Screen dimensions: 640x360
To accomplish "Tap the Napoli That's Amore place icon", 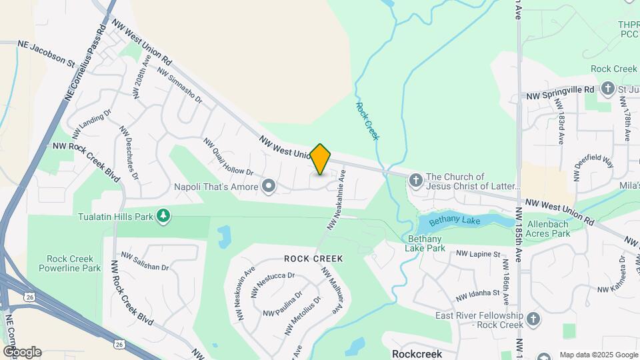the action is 269,186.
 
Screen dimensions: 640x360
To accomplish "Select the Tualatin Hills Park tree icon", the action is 163,216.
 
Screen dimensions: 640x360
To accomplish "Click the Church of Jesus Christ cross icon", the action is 415,180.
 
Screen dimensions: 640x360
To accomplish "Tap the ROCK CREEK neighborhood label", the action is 313,259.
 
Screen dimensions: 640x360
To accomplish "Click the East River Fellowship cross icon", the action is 533,319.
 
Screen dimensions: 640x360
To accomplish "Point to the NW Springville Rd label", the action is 557,89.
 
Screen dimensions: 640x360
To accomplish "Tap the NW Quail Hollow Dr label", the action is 229,157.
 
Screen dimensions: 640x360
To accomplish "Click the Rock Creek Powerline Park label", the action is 73,263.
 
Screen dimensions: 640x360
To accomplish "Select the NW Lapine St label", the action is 477,254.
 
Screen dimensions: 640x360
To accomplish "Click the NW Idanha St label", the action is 477,294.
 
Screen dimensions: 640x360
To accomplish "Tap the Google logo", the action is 21,352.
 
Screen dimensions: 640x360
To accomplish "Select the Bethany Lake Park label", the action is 425,243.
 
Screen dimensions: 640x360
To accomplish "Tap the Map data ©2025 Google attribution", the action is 599,355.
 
